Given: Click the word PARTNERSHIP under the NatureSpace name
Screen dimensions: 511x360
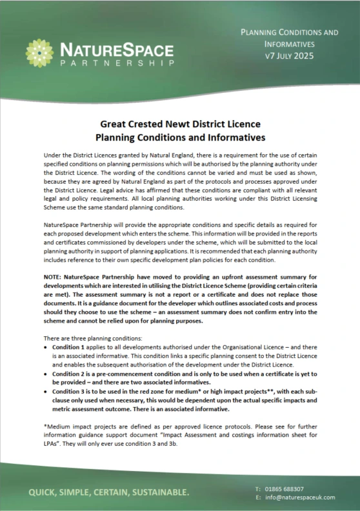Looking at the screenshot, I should point(116,63).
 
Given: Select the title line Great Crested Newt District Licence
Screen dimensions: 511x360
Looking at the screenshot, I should point(180,125).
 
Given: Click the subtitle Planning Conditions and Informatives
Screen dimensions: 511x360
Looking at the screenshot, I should point(180,137).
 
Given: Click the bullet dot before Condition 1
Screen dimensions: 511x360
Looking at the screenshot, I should point(46,346).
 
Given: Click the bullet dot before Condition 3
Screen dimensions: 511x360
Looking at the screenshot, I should point(46,391).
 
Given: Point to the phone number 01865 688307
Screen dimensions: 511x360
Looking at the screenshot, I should point(289,489).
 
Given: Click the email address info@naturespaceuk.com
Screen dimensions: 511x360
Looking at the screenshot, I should point(299,497).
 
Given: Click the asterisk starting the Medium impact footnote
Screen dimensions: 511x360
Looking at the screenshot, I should point(45,426).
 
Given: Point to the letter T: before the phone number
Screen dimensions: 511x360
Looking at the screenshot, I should point(258,489).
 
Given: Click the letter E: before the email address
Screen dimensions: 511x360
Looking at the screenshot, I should point(258,497).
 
